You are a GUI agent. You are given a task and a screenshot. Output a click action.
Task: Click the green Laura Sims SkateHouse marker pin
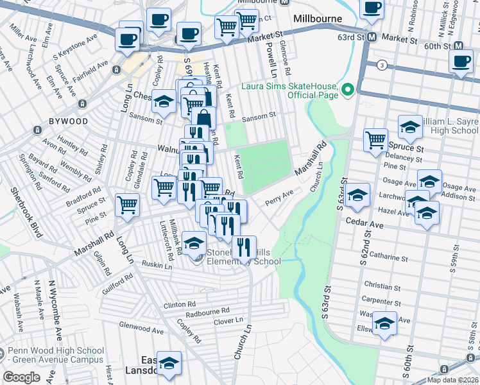pyautogui.click(x=348, y=90)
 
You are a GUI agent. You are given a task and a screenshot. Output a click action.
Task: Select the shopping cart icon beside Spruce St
pyautogui.click(x=375, y=141)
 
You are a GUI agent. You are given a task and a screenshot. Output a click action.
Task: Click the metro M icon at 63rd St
pyautogui.click(x=372, y=38)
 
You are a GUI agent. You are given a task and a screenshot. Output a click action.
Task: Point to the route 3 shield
pyautogui.click(x=382, y=65)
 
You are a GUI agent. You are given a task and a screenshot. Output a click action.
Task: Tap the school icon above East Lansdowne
pyautogui.click(x=169, y=363)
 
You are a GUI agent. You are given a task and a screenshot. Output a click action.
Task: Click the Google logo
pyautogui.click(x=22, y=377)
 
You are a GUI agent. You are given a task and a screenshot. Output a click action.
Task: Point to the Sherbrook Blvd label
pyautogui.click(x=21, y=206)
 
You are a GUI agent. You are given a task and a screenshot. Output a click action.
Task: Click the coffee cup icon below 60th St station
pyautogui.click(x=460, y=61)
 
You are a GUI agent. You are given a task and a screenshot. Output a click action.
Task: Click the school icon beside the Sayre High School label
pyautogui.click(x=410, y=127)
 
